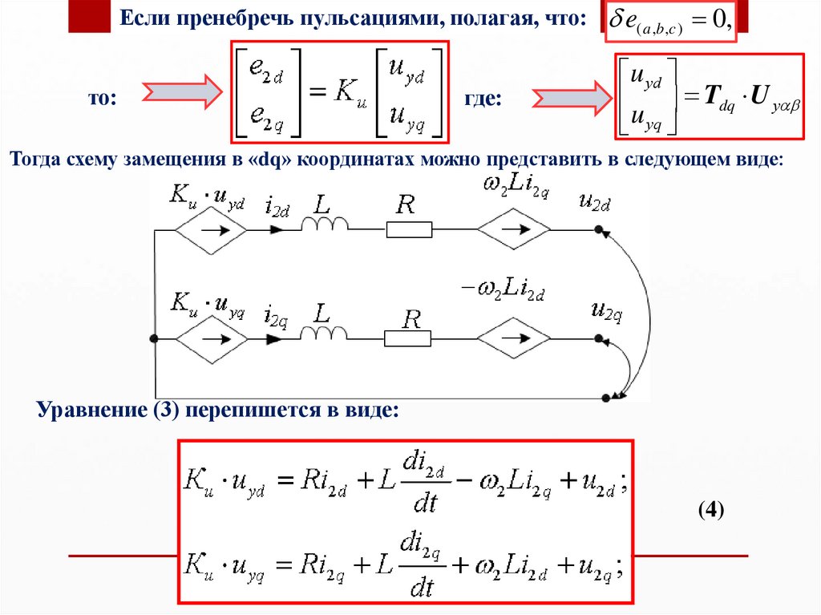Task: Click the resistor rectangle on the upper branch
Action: tap(409, 230)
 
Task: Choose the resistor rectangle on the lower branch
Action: tap(409, 340)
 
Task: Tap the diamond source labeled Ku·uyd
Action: tap(212, 230)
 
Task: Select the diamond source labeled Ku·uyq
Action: tap(212, 340)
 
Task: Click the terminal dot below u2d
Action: tap(599, 230)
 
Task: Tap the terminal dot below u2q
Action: tap(599, 340)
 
